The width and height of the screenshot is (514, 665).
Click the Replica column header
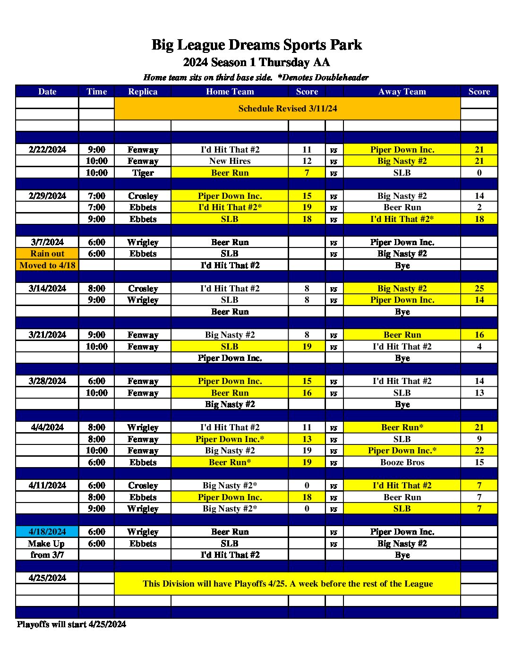[x=143, y=92]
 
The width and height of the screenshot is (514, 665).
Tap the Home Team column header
[x=230, y=92]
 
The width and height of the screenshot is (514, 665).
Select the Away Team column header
[x=402, y=92]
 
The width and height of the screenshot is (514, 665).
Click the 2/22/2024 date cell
[x=47, y=150]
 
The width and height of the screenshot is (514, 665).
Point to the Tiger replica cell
[x=143, y=173]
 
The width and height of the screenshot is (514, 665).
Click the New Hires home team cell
[x=230, y=161]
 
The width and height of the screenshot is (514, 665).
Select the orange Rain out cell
[x=47, y=254]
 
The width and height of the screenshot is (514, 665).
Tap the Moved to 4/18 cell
[x=47, y=265]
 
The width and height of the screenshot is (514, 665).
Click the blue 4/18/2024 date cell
[x=47, y=532]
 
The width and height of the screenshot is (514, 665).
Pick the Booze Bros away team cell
[x=402, y=462]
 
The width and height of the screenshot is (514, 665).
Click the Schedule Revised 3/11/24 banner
[x=287, y=109]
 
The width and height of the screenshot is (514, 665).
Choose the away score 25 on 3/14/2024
[x=479, y=289]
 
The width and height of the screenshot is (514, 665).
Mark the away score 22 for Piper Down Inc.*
[x=479, y=451]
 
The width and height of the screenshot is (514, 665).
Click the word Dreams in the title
[x=250, y=45]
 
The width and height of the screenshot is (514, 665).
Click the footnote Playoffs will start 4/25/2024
[x=71, y=624]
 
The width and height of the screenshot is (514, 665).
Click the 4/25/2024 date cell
[x=47, y=578]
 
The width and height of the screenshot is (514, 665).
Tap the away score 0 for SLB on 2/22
[x=479, y=173]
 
